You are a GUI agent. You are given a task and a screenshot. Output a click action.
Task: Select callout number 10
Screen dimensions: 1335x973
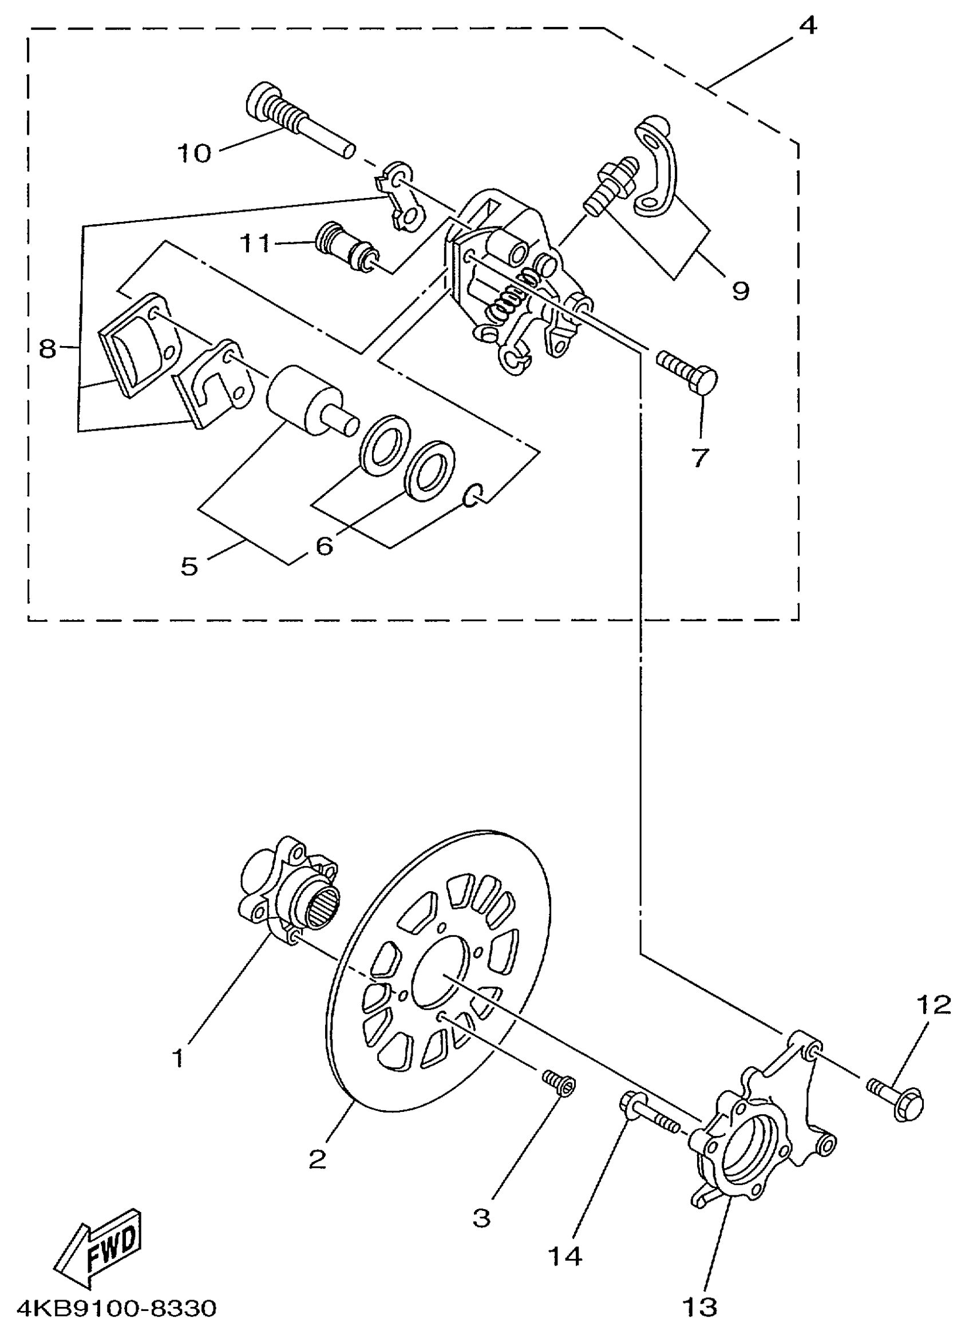click(195, 154)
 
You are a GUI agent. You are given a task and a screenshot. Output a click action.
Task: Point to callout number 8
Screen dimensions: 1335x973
click(46, 348)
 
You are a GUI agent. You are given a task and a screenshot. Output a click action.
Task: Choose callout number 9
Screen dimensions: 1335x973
click(741, 290)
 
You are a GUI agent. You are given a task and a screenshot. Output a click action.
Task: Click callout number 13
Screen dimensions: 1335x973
click(701, 1306)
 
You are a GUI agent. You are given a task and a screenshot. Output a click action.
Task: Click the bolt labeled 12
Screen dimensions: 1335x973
click(896, 1094)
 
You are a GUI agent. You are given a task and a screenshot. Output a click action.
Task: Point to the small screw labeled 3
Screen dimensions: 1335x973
click(559, 1081)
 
